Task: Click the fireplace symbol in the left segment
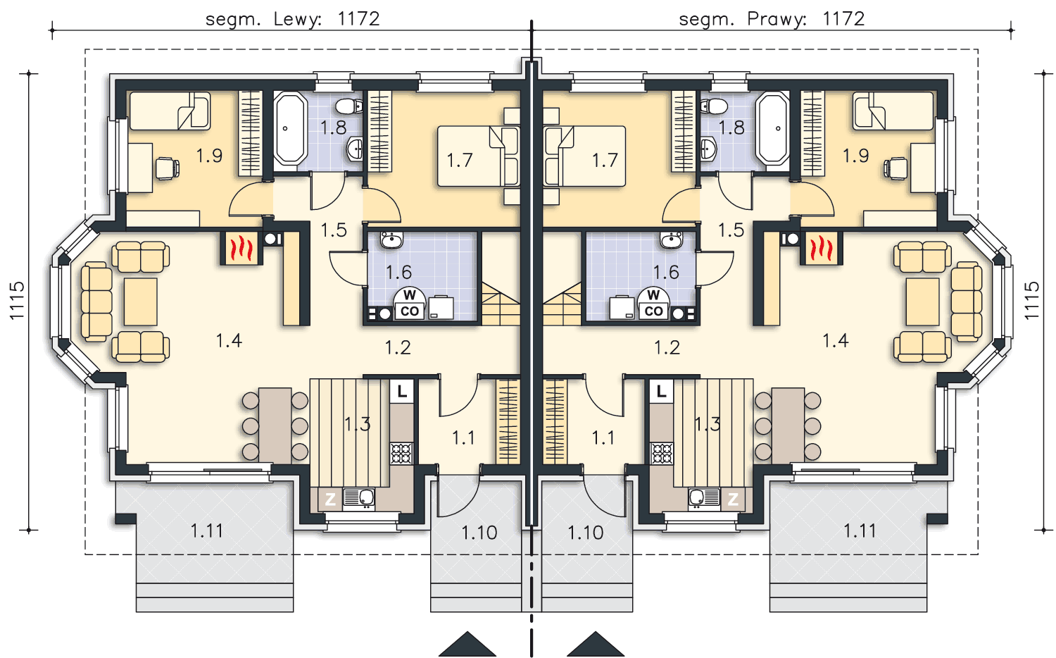pyautogui.click(x=241, y=248)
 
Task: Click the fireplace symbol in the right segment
pyautogui.click(x=822, y=248)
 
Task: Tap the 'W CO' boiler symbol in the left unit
pyautogui.click(x=410, y=304)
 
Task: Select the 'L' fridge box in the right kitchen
pyautogui.click(x=662, y=392)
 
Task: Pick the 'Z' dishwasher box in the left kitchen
pyautogui.click(x=330, y=499)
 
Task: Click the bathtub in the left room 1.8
pyautogui.click(x=290, y=128)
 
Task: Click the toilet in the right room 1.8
pyautogui.click(x=714, y=106)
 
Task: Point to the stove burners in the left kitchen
pyautogui.click(x=402, y=454)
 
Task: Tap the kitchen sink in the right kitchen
pyautogui.click(x=703, y=497)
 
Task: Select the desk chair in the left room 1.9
pyautogui.click(x=168, y=168)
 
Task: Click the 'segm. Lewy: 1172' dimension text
pyautogui.click(x=292, y=19)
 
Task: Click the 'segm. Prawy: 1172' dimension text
pyautogui.click(x=772, y=19)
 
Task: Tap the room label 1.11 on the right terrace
pyautogui.click(x=860, y=531)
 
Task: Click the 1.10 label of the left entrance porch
pyautogui.click(x=479, y=533)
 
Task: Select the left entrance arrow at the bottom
pyautogui.click(x=467, y=645)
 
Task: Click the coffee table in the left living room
pyautogui.click(x=141, y=302)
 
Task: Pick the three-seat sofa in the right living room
pyautogui.click(x=967, y=302)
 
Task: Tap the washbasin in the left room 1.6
pyautogui.click(x=391, y=240)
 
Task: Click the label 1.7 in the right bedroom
pyautogui.click(x=605, y=161)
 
